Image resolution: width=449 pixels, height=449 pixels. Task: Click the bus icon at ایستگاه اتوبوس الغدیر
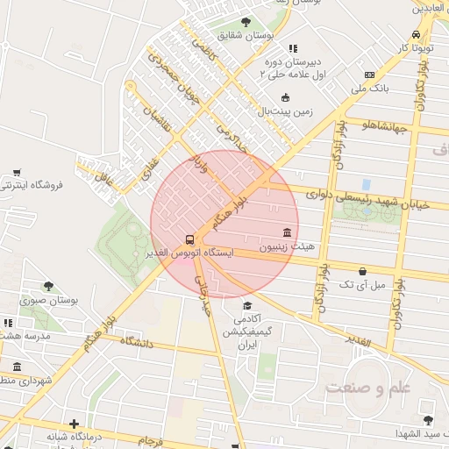(189, 240)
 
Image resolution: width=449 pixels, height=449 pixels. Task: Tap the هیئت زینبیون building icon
(288, 232)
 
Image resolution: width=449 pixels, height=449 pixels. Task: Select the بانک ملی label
(369, 88)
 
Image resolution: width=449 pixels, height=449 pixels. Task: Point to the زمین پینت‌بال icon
(285, 97)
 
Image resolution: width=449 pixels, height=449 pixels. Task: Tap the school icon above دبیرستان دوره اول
(293, 49)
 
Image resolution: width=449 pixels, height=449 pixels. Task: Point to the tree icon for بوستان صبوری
(48, 286)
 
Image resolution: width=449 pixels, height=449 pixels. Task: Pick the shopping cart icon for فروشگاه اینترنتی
(18, 172)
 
